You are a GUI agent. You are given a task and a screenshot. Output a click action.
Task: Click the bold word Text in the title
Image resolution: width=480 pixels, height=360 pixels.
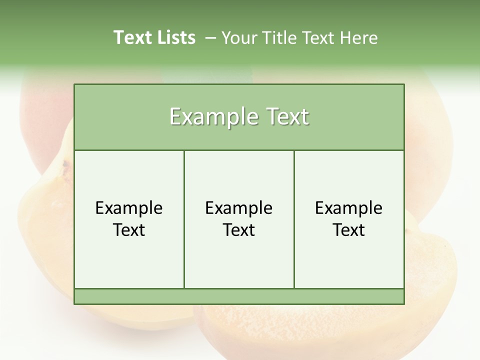[x=131, y=37]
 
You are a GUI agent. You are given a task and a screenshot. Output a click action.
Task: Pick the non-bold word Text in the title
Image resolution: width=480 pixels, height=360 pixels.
[x=317, y=38]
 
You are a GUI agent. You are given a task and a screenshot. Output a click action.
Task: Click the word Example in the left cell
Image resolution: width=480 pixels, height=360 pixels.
[x=129, y=208]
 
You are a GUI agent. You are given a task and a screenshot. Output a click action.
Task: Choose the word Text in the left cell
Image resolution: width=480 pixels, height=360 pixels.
[x=129, y=230]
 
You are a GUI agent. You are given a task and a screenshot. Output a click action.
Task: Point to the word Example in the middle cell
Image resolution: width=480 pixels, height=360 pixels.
[x=239, y=208]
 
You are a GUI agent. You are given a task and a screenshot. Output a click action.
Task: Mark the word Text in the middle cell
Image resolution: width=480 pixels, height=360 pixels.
[x=239, y=230]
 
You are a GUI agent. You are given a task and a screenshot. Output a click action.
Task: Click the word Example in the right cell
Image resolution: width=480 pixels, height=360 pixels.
[x=349, y=208]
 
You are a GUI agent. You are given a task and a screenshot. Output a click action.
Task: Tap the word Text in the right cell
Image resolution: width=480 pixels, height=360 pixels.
[x=349, y=230]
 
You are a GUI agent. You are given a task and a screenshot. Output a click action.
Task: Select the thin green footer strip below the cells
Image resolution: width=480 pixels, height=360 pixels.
[x=239, y=296]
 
